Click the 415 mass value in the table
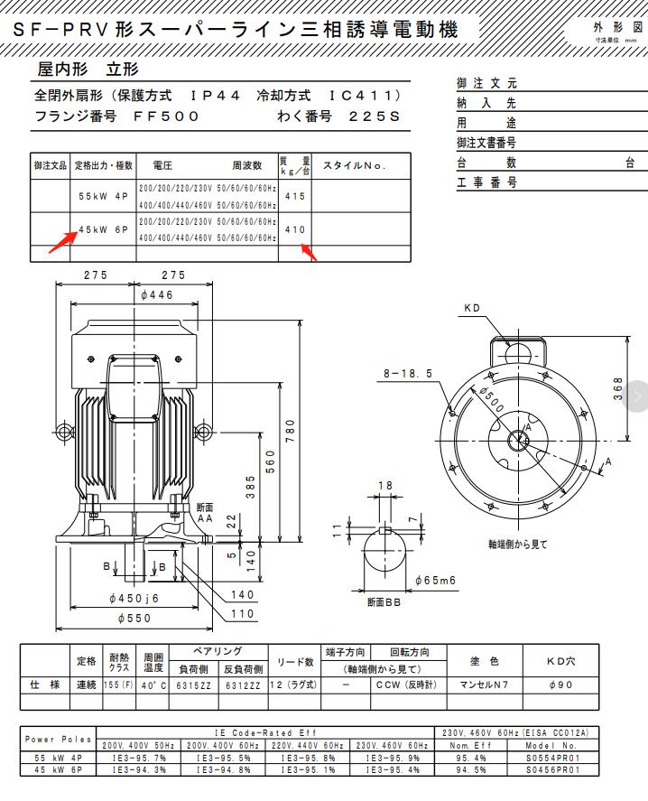point(295,196)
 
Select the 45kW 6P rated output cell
point(103,230)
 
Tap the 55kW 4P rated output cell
point(103,196)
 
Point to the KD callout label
point(472,308)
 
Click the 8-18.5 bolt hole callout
point(407,372)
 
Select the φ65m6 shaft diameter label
point(435,579)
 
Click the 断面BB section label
point(384,601)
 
